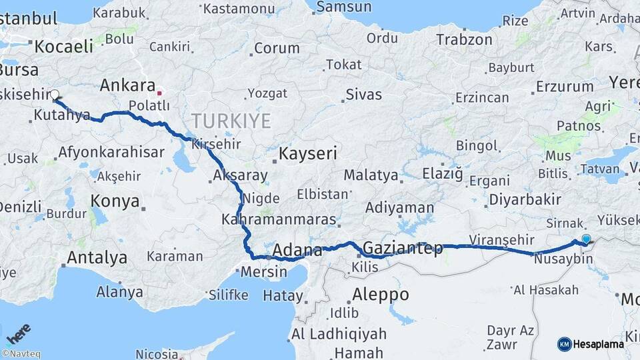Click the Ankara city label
[126, 85]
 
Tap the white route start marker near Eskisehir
[55, 95]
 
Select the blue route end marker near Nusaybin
[586, 239]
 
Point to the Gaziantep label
[403, 249]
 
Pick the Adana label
[297, 251]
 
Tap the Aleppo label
[380, 294]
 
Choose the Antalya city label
[97, 257]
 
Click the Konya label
[115, 201]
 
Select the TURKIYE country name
[231, 121]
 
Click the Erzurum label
[564, 86]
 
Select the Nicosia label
[157, 353]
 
